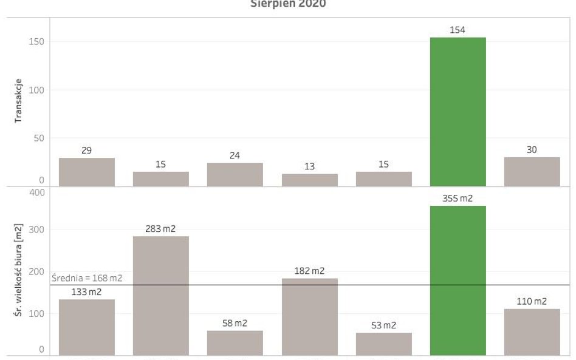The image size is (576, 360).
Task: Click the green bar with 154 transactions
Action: click(458, 112)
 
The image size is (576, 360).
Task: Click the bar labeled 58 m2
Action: click(235, 343)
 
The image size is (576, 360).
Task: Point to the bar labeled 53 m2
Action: click(383, 344)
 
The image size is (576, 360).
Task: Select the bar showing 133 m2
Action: click(87, 327)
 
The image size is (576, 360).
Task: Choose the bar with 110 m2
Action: click(532, 332)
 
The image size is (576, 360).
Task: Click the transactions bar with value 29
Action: click(87, 172)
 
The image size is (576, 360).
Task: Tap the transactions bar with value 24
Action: click(235, 174)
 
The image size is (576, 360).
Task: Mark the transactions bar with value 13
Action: click(309, 180)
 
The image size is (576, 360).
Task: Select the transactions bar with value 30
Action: click(532, 172)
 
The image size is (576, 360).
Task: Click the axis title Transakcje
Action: click(19, 101)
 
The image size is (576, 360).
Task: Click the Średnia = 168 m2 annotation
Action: click(87, 279)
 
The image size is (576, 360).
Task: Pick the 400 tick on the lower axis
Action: click(37, 192)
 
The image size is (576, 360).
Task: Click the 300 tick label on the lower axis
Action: click(37, 229)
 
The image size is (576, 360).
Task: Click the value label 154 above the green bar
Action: click(458, 30)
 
